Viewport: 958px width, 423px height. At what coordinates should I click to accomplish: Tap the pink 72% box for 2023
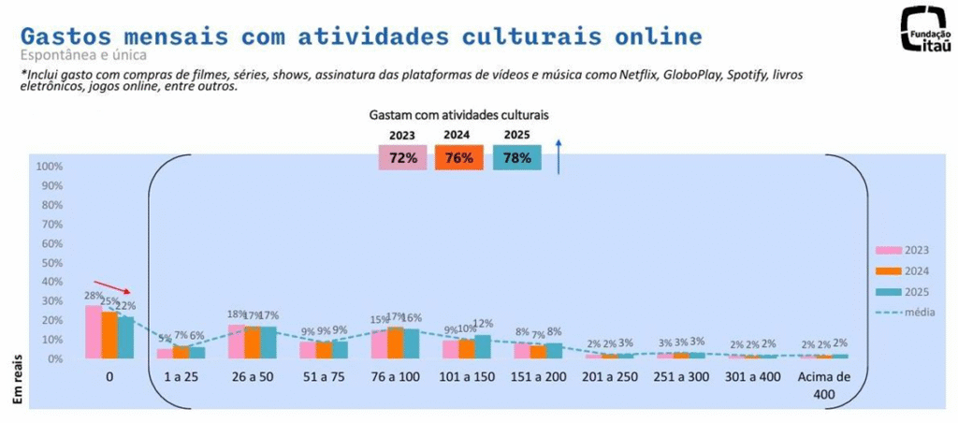[x=403, y=157]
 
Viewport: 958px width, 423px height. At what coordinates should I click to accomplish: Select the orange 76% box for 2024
[x=458, y=157]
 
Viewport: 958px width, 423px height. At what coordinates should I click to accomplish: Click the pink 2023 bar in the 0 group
[x=93, y=332]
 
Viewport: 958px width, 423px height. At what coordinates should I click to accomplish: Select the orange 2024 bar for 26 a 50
[x=253, y=343]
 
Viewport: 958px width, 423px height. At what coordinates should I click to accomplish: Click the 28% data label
[x=92, y=296]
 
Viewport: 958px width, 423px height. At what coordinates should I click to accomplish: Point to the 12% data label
[x=484, y=324]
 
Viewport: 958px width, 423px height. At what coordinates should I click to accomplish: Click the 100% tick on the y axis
[x=50, y=167]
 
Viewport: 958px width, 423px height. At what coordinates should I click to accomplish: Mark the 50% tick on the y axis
[x=50, y=263]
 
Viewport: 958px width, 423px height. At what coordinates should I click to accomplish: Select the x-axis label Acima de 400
[x=823, y=387]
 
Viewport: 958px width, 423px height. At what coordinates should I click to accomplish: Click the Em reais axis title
[x=17, y=382]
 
